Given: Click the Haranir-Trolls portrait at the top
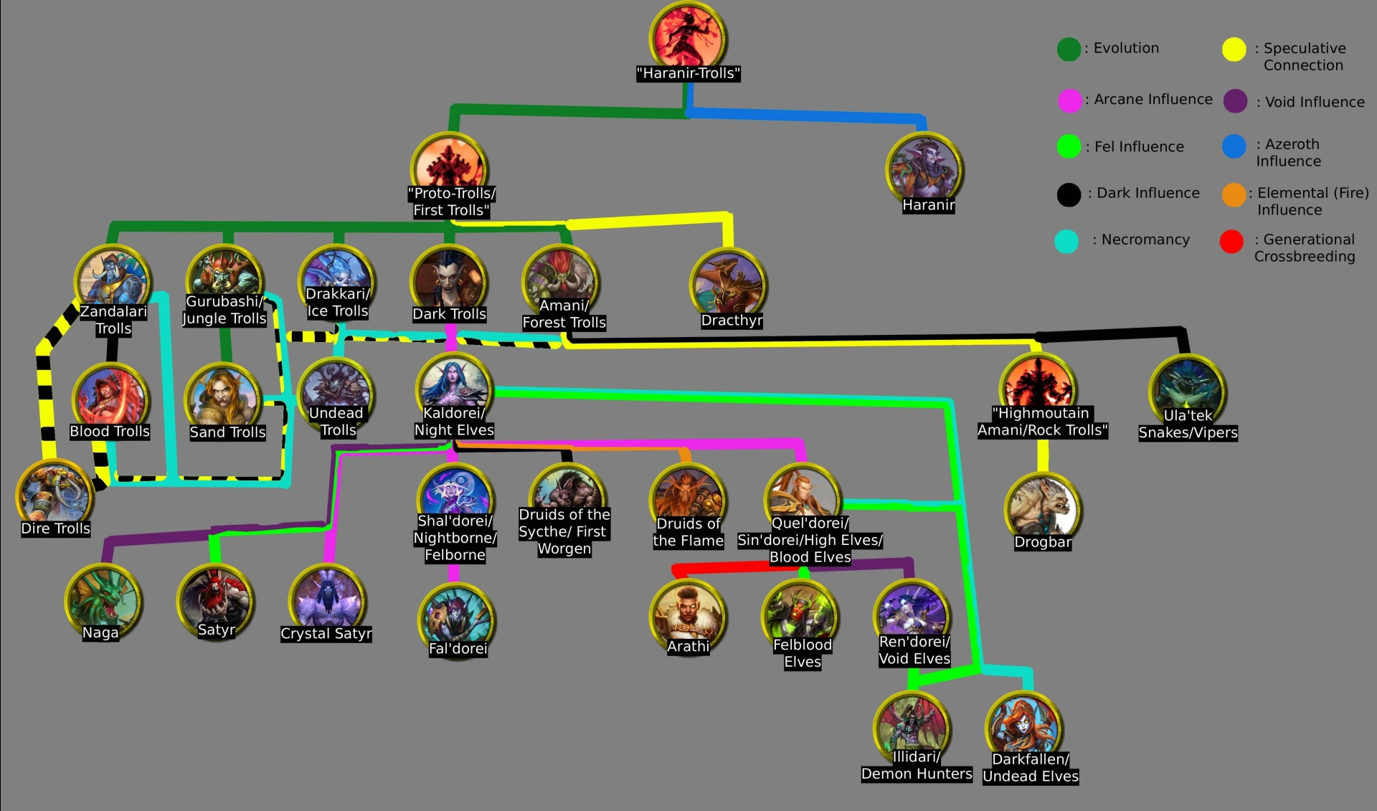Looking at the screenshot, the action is [x=688, y=37].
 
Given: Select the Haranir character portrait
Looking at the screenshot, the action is [x=924, y=171].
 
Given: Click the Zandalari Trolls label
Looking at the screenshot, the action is [x=113, y=320].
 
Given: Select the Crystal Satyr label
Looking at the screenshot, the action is [x=326, y=633].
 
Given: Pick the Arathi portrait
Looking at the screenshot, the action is [x=688, y=616].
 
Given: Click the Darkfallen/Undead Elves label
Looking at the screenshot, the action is [x=1031, y=767].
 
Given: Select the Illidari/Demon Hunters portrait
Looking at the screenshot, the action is [x=912, y=729].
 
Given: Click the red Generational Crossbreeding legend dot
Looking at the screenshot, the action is [x=1231, y=242].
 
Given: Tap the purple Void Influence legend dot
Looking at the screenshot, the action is [x=1235, y=101].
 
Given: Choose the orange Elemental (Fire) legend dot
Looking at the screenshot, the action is [x=1234, y=195].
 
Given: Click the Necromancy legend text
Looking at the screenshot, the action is [x=1145, y=239].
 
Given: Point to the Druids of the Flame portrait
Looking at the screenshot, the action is [x=688, y=501].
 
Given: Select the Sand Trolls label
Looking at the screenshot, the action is [x=227, y=432].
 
